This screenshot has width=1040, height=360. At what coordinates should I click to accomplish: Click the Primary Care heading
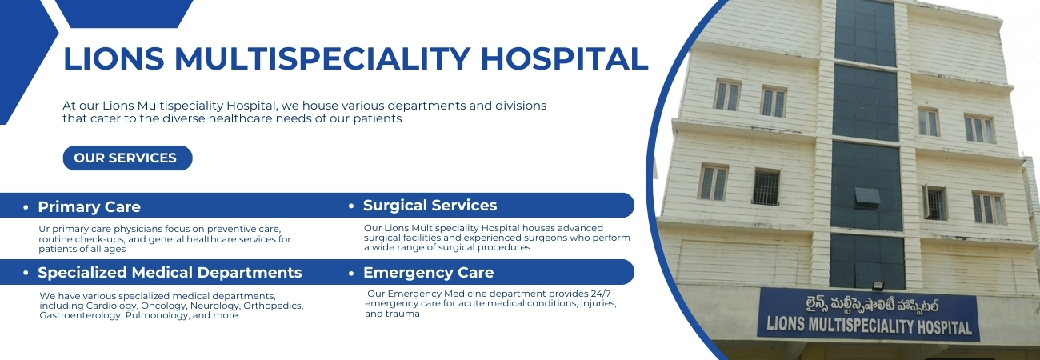coord(89,206)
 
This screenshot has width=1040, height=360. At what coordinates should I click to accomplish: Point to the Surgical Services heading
coord(430,205)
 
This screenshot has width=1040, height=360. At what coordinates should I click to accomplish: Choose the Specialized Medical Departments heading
coord(170,272)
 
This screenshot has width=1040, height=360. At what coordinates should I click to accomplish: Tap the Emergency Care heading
coord(428,272)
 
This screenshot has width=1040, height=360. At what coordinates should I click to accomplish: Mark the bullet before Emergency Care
coord(352,273)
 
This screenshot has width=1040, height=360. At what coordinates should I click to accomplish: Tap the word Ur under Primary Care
coord(45,229)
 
